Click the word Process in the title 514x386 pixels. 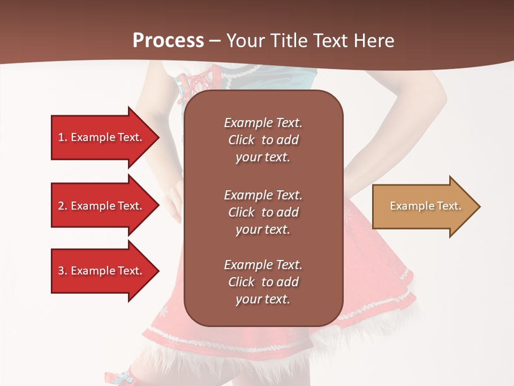point(168,40)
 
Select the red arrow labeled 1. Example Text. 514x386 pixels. point(102,137)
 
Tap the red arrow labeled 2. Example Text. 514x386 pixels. point(102,206)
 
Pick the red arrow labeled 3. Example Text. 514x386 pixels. point(102,271)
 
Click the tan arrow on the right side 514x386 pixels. point(423,206)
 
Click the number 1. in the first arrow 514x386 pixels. point(62,137)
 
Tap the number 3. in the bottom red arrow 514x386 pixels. point(62,271)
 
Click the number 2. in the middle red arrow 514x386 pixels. point(62,206)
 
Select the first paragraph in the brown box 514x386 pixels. point(263,140)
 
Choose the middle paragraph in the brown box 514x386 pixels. point(263,212)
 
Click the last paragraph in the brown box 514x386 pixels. point(263,282)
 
